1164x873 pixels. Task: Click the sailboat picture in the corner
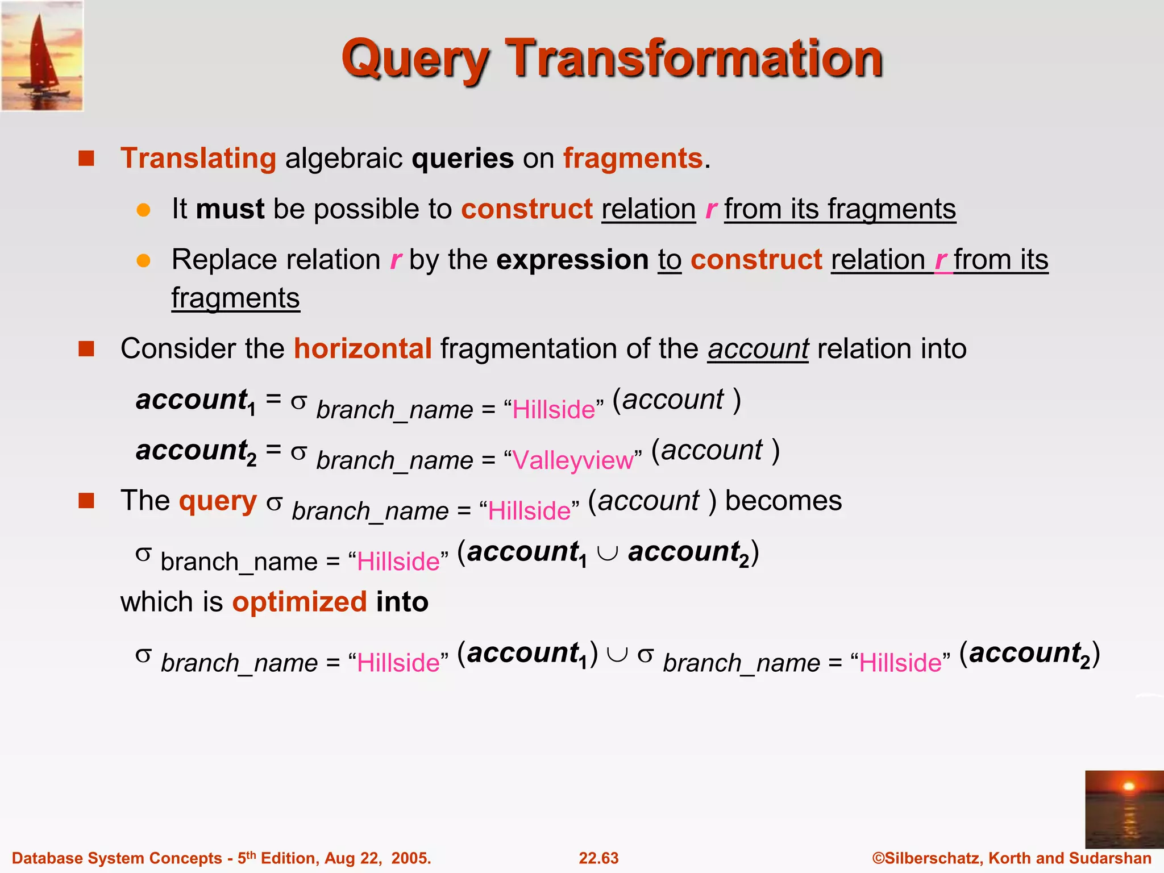[x=42, y=56]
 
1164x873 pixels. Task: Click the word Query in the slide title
[x=415, y=59]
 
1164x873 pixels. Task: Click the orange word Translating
[x=198, y=158]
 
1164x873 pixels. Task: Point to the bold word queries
[x=463, y=158]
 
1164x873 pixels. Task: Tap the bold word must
[x=230, y=209]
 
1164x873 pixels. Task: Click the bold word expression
[x=572, y=260]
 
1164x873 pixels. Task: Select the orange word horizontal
[x=363, y=348]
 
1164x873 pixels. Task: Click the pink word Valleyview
[x=572, y=460]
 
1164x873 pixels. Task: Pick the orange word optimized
[x=300, y=602]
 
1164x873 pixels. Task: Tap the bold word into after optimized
[x=402, y=602]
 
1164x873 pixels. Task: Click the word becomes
[x=783, y=501]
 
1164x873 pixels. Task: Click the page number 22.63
[x=598, y=858]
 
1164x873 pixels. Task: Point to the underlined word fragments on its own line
[x=235, y=298]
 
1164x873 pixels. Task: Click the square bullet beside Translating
[x=86, y=158]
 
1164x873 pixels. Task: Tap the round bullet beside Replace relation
[x=143, y=260]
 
